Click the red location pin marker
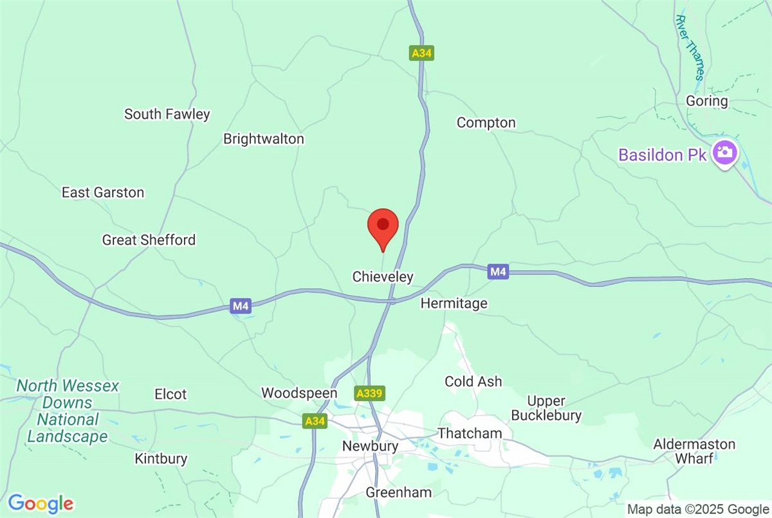(x=383, y=226)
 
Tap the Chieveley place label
(x=383, y=277)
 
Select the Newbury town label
(x=370, y=446)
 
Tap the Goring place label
(x=706, y=101)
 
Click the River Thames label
(x=690, y=48)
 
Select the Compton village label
(x=486, y=123)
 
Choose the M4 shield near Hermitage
(x=498, y=272)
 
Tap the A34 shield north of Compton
(x=421, y=53)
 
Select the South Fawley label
(x=167, y=114)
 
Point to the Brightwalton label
(x=263, y=139)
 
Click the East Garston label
(x=103, y=192)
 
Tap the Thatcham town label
(x=469, y=433)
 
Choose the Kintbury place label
(x=161, y=459)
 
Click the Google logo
(x=40, y=503)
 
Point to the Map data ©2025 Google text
(x=698, y=509)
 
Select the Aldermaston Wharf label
(x=694, y=451)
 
